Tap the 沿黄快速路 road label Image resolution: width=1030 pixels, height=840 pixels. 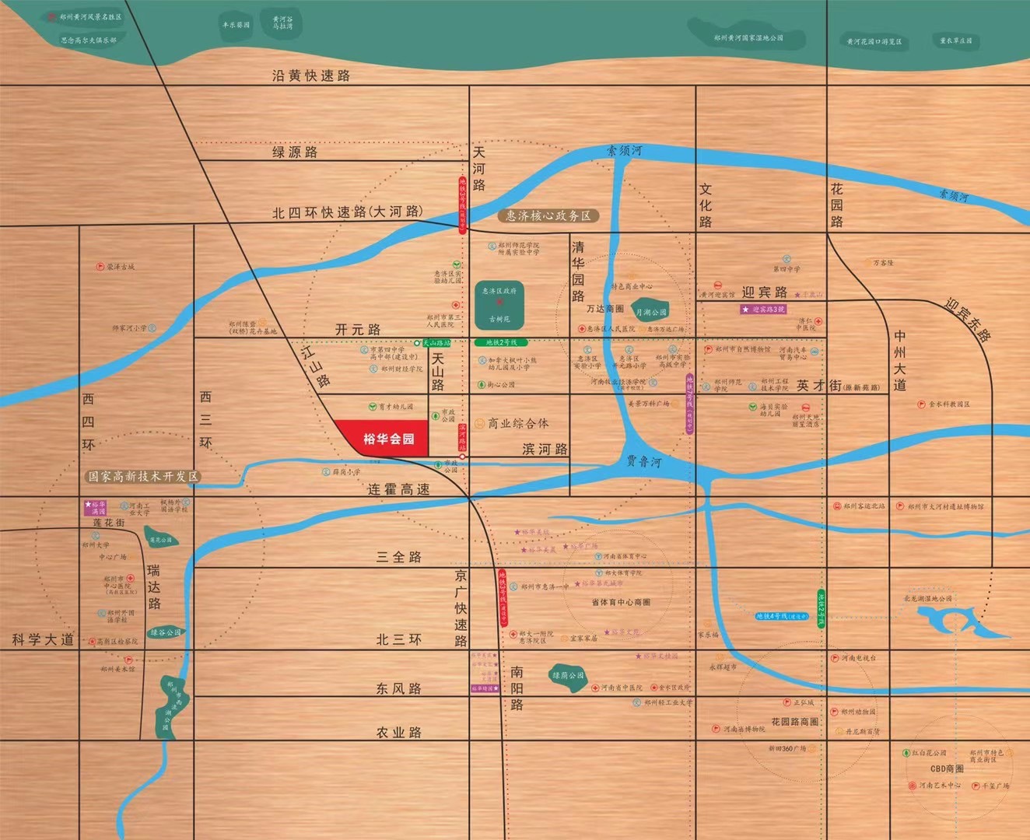(311, 75)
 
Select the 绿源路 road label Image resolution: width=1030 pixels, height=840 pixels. (295, 152)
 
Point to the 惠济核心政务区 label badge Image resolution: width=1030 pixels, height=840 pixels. (548, 215)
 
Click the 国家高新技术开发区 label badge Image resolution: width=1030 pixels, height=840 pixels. (143, 476)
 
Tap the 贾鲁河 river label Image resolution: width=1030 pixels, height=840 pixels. (644, 461)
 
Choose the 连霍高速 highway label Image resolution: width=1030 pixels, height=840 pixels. (398, 489)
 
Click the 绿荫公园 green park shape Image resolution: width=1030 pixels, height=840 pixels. (568, 676)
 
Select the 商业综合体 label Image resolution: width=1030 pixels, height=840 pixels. (518, 423)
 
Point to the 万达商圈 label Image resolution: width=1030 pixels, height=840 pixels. (605, 309)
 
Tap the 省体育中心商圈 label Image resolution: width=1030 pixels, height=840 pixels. (621, 602)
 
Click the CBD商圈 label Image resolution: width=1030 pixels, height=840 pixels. (947, 768)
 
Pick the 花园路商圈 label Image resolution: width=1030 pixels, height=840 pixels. (794, 722)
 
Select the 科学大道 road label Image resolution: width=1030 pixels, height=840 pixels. (43, 639)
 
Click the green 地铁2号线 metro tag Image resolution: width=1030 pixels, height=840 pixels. (501, 342)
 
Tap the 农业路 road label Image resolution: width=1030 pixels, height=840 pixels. (399, 733)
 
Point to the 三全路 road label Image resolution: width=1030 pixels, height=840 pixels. (399, 557)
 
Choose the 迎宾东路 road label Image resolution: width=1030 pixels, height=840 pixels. (968, 319)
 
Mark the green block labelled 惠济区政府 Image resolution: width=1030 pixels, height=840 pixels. (499, 304)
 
